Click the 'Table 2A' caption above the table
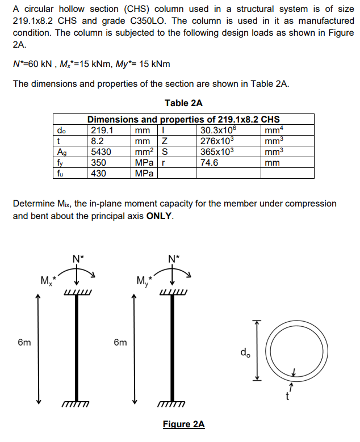[183, 103]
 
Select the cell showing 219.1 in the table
[102, 130]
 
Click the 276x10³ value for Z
[216, 141]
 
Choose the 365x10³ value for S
[216, 151]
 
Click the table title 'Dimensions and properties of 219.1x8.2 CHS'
[183, 119]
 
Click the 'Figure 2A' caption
[183, 424]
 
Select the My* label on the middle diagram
[145, 281]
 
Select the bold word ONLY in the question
[160, 216]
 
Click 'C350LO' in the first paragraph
[152, 20]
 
